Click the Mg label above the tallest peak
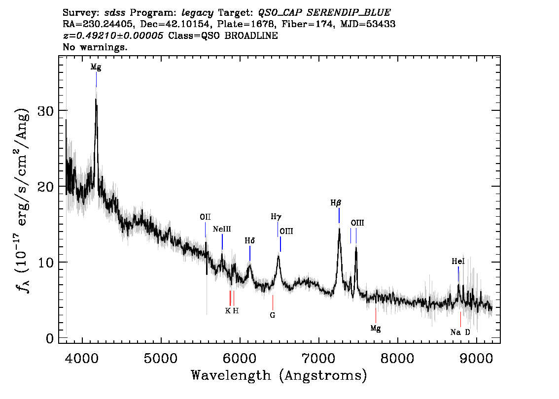[x=96, y=67]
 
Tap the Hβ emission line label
[x=336, y=202]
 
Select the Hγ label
[x=276, y=216]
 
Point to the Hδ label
[x=250, y=241]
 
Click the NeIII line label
[x=222, y=229]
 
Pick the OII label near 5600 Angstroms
[x=205, y=217]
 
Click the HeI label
[x=458, y=262]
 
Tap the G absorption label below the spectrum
[x=272, y=315]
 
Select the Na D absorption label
[x=460, y=332]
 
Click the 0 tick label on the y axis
[x=50, y=338]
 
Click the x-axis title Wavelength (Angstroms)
[x=279, y=376]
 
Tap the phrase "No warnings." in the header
[x=95, y=48]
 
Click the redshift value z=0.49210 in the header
[x=113, y=36]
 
